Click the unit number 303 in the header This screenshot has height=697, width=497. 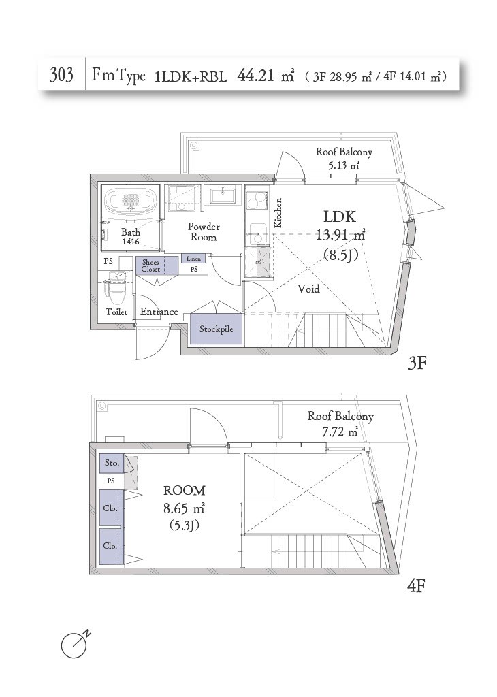pos(61,75)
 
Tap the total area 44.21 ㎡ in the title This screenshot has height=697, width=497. pos(266,76)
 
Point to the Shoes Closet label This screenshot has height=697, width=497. pos(150,265)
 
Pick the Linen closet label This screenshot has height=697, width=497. pos(193,258)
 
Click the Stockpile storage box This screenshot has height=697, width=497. pos(217,329)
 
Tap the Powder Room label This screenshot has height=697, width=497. pos(204,231)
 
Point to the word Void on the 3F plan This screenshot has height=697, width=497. pos(308,289)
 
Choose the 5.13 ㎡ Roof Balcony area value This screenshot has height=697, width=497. pos(344,166)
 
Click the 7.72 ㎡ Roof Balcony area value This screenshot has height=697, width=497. pos(340,431)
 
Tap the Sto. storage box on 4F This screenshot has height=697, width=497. pos(112,463)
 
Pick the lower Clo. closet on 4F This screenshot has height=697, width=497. pos(110,546)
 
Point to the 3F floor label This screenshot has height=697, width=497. pos(417,363)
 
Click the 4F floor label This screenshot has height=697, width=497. pos(416,586)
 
